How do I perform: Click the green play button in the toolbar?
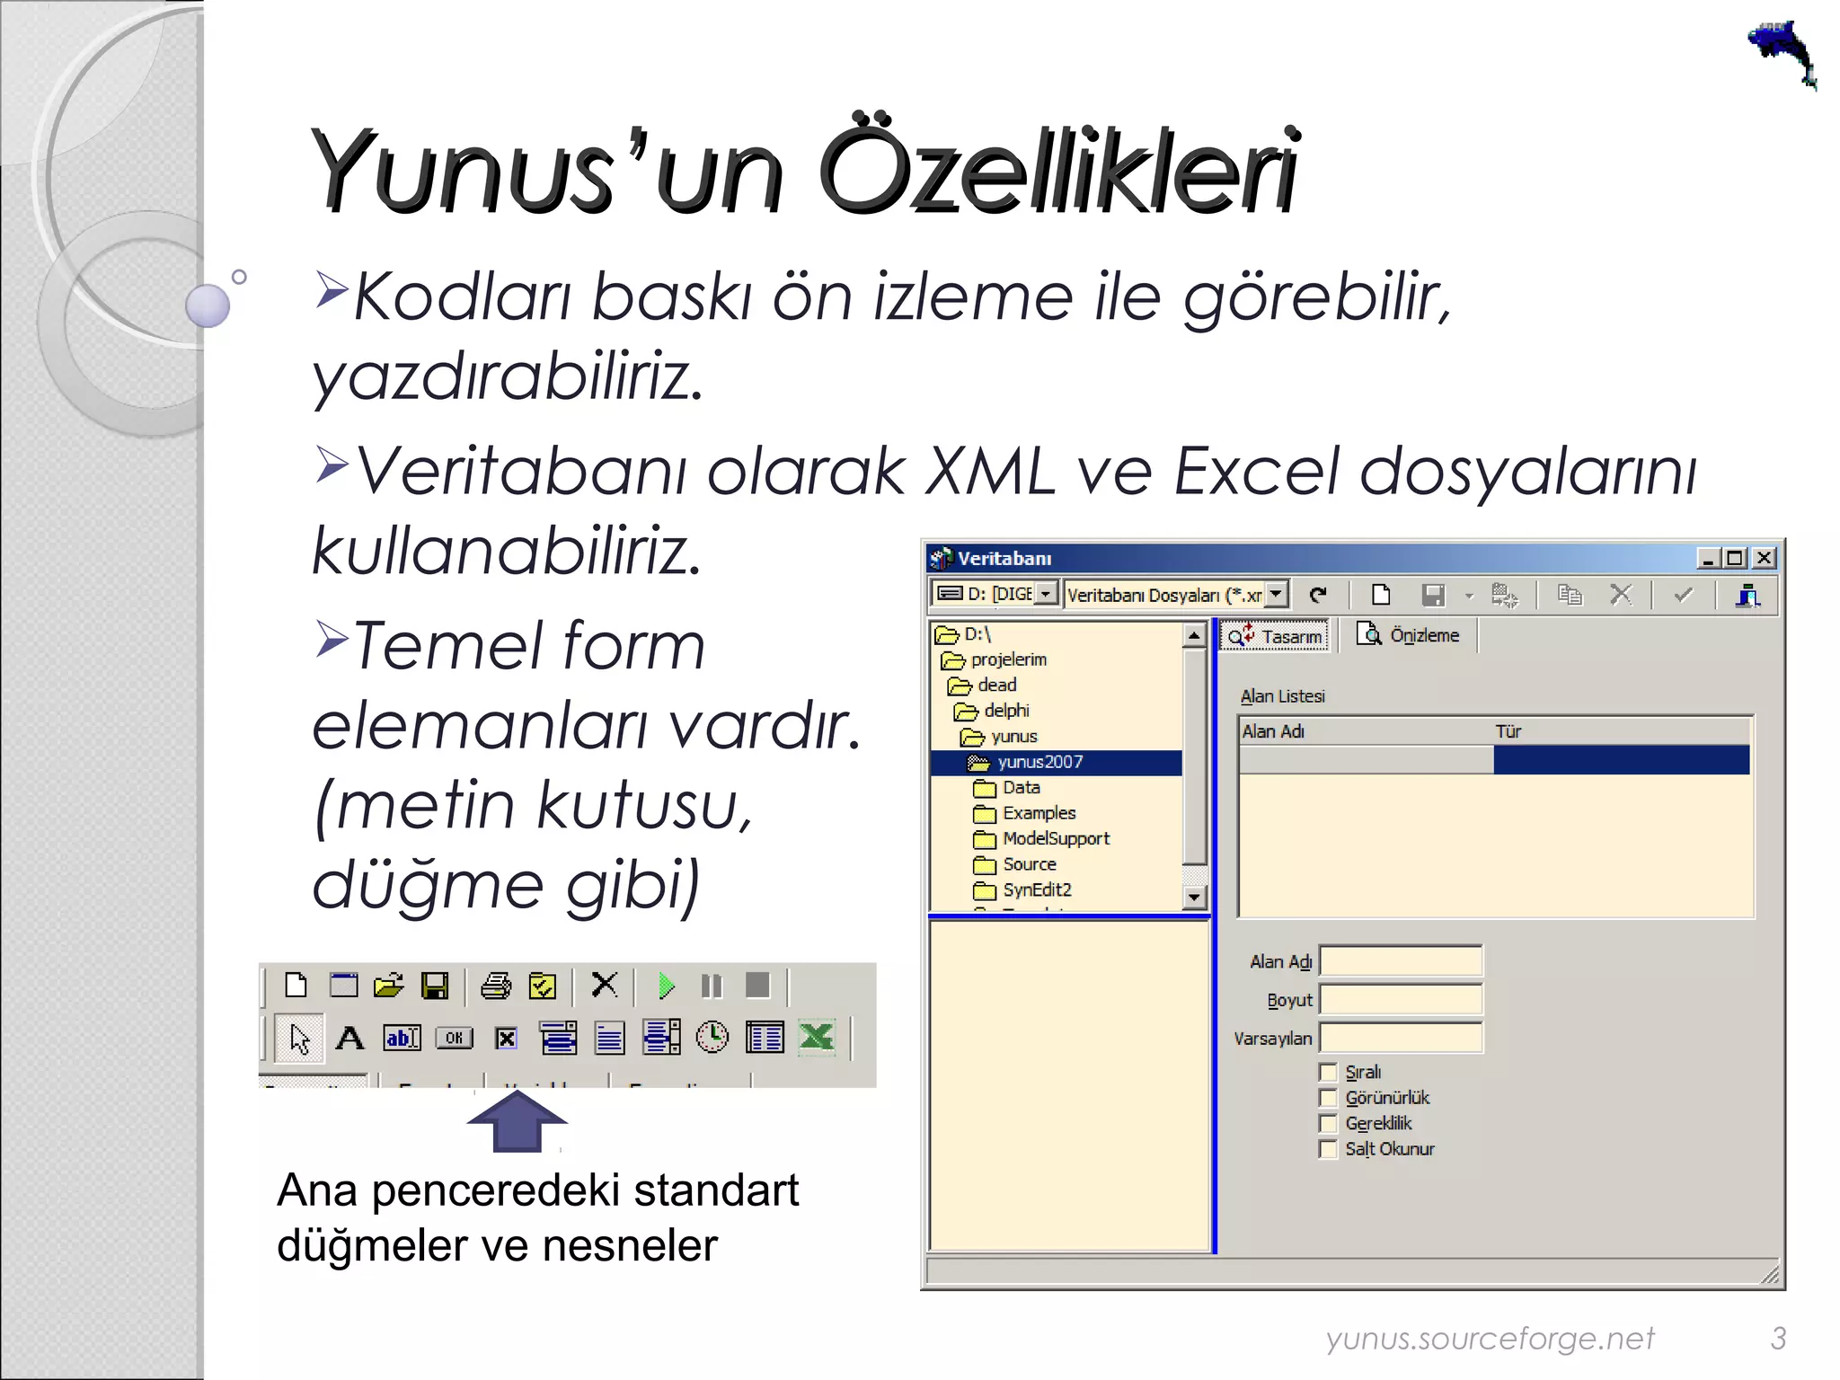point(666,986)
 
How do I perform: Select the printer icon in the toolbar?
point(495,986)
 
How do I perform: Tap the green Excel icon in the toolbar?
point(817,1038)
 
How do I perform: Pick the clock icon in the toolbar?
point(712,1038)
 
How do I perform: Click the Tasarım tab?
point(1277,636)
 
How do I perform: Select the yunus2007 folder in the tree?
point(1039,762)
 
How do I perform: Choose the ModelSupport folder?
point(1056,838)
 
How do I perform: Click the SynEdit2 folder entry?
point(1037,889)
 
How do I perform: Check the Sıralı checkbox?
point(1328,1072)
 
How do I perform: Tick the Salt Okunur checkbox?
point(1328,1149)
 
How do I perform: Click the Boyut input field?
point(1401,999)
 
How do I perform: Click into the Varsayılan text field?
point(1401,1038)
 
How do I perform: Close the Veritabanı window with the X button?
point(1765,558)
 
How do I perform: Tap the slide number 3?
point(1778,1338)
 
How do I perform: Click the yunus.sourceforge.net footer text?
point(1490,1338)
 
